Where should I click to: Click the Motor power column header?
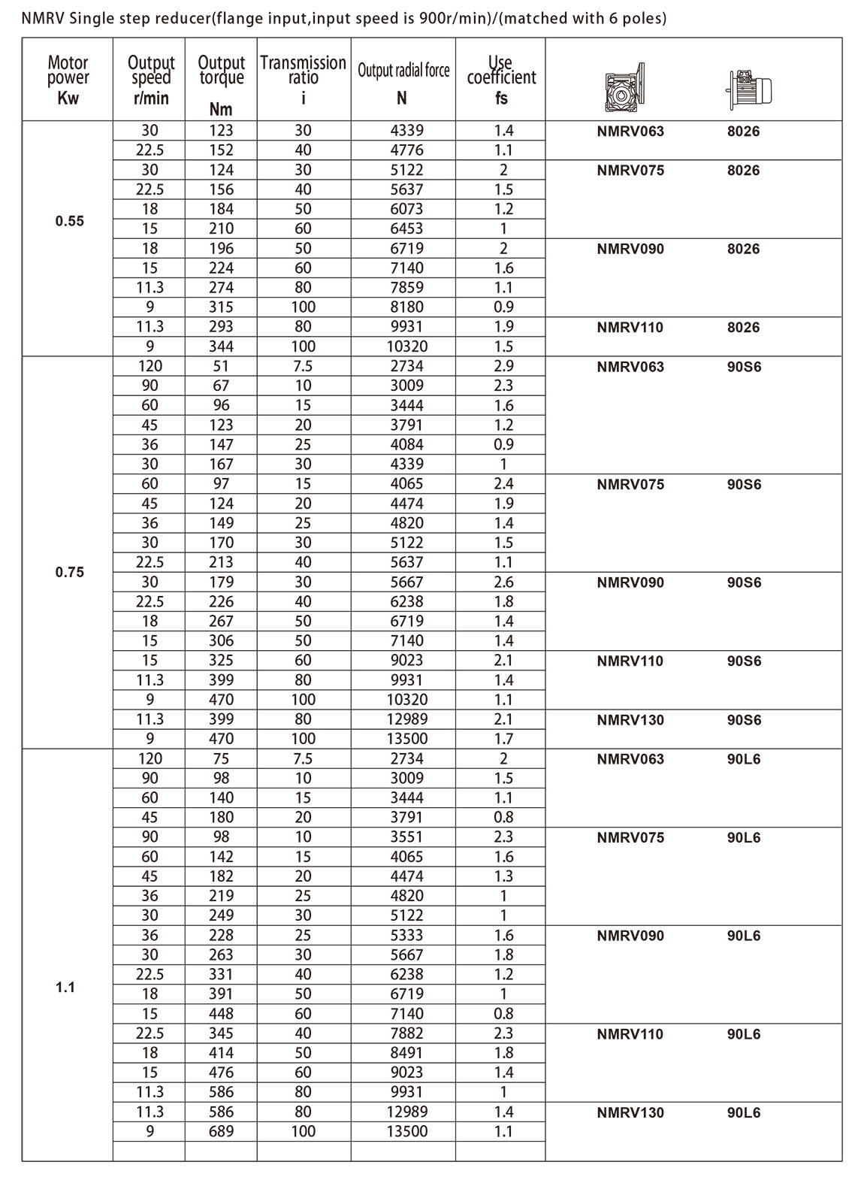click(68, 78)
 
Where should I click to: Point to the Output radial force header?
click(403, 78)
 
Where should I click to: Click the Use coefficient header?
click(501, 78)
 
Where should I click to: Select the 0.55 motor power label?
click(69, 222)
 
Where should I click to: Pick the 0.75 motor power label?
click(69, 572)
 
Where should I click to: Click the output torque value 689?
click(222, 1131)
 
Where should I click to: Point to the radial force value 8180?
click(407, 307)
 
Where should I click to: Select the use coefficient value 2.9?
click(503, 366)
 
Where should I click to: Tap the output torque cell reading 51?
click(222, 366)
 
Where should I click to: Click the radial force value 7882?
click(407, 1033)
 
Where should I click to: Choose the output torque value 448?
click(222, 1014)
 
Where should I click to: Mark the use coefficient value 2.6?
click(503, 582)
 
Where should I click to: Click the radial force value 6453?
click(407, 228)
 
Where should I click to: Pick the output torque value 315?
click(222, 307)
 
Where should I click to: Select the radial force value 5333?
click(407, 935)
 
